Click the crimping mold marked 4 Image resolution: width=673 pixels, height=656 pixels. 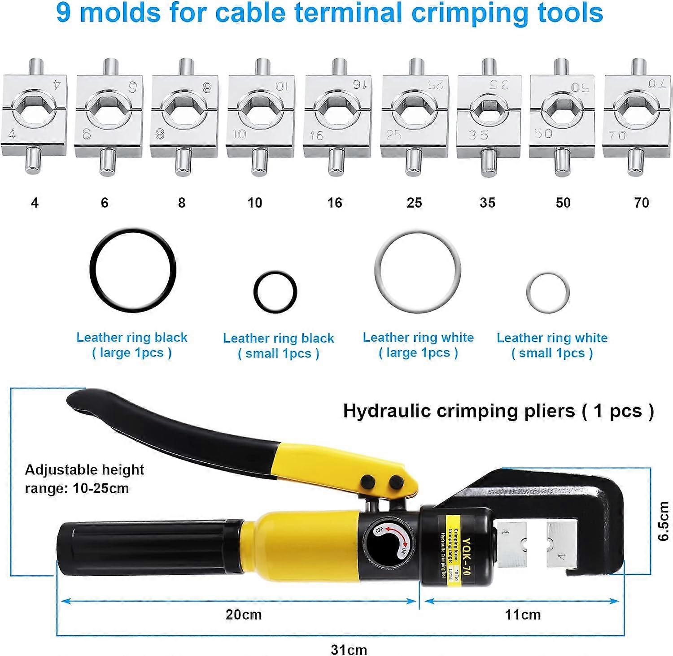click(x=35, y=116)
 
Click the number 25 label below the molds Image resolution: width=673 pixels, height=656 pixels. click(x=414, y=203)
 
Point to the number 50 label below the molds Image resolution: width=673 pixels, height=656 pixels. click(x=563, y=203)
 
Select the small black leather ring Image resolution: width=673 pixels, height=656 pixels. click(x=275, y=292)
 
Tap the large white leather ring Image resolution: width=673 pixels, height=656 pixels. click(x=418, y=272)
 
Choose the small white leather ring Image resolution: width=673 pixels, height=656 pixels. click(x=548, y=293)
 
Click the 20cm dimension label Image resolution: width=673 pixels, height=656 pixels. click(x=244, y=614)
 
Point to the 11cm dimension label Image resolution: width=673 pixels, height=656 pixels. click(x=523, y=614)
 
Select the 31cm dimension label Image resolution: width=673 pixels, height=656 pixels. click(x=349, y=649)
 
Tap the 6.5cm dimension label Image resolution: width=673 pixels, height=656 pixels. click(x=664, y=521)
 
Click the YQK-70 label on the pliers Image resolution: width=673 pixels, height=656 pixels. click(x=466, y=551)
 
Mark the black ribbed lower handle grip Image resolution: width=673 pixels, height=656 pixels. click(x=148, y=548)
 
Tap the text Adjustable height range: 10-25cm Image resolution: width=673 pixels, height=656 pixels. click(x=84, y=479)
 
